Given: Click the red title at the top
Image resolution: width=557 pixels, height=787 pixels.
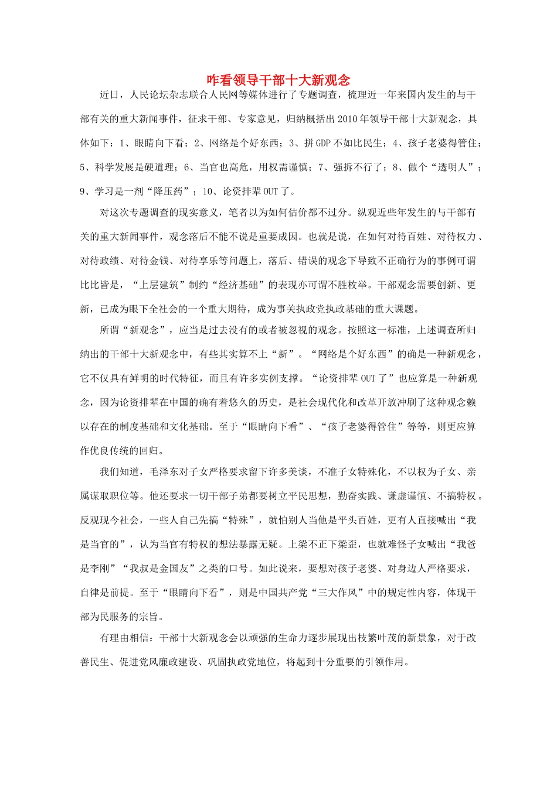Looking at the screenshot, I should coord(278,80).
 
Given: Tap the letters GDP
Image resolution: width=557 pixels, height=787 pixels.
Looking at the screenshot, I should coord(323,143).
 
